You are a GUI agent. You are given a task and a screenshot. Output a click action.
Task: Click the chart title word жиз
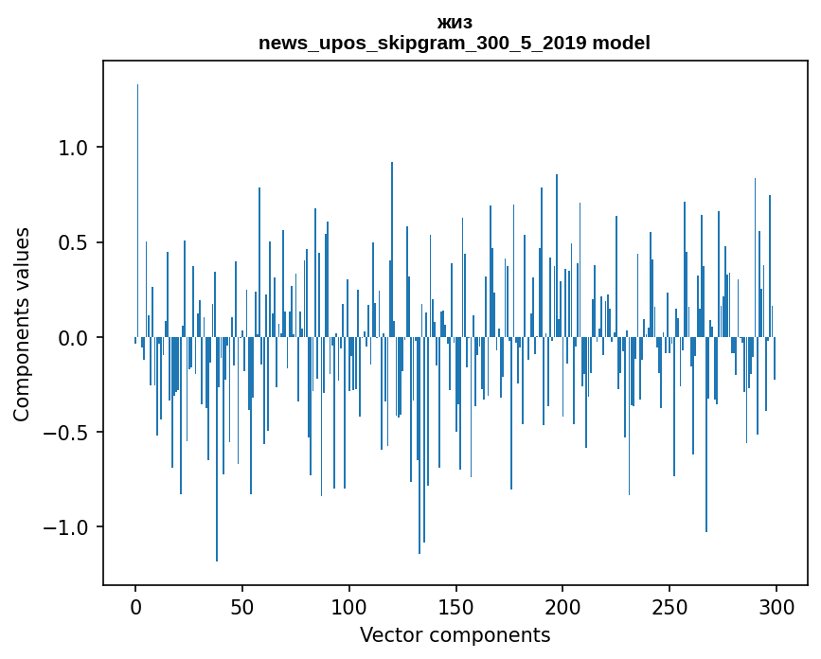(455, 23)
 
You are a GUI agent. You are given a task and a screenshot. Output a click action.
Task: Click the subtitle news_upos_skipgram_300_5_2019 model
(455, 43)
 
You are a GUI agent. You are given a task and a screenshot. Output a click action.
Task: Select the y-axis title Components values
(22, 324)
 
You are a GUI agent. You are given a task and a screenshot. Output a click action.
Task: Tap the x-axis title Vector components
(455, 634)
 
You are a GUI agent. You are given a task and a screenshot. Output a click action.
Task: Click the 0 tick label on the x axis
(135, 606)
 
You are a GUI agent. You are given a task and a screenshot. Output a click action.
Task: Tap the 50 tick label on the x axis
(242, 606)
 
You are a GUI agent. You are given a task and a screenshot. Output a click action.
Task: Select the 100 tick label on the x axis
(349, 606)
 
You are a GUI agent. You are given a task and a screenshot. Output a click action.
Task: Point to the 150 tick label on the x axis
(456, 606)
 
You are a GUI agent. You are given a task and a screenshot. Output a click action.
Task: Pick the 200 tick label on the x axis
(563, 606)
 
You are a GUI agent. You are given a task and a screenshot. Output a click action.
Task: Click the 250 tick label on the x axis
(669, 606)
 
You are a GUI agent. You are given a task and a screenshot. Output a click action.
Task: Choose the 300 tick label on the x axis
(776, 606)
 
